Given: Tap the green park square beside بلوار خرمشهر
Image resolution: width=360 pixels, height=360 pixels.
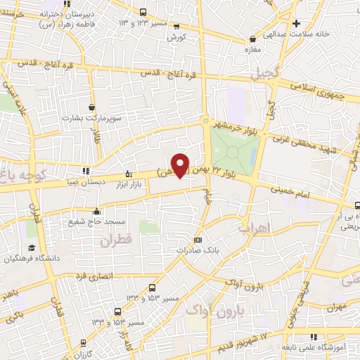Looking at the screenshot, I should (x=236, y=150).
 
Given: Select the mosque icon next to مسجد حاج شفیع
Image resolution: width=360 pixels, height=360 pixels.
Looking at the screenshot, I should (x=95, y=210).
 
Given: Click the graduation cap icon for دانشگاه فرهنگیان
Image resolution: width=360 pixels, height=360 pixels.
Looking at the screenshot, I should (x=31, y=248).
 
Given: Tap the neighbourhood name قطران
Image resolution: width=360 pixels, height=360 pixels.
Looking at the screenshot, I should (x=115, y=241).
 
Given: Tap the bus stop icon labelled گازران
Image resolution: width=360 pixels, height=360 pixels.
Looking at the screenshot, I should (x=84, y=344).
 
